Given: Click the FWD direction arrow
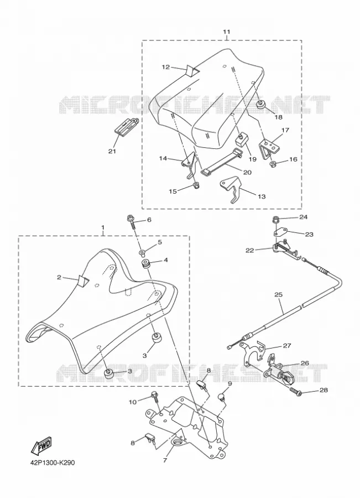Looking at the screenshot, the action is pos(41,445).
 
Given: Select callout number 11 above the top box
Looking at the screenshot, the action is pos(226,32).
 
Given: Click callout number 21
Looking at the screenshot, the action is pos(112,151).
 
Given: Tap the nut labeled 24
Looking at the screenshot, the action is pos(276,219).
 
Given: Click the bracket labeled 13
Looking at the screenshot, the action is pos(231,189).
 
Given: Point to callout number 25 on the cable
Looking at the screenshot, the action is pos(278,294).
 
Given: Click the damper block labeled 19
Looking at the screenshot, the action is pos(242,138).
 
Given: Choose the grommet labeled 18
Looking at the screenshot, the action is pos(261,105).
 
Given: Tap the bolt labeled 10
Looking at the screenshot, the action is pos(156,397).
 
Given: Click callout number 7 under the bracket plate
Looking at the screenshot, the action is pos(165,460).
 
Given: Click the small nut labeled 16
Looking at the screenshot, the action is pos(272,164).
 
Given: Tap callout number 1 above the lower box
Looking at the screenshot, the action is pos(103,228).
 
